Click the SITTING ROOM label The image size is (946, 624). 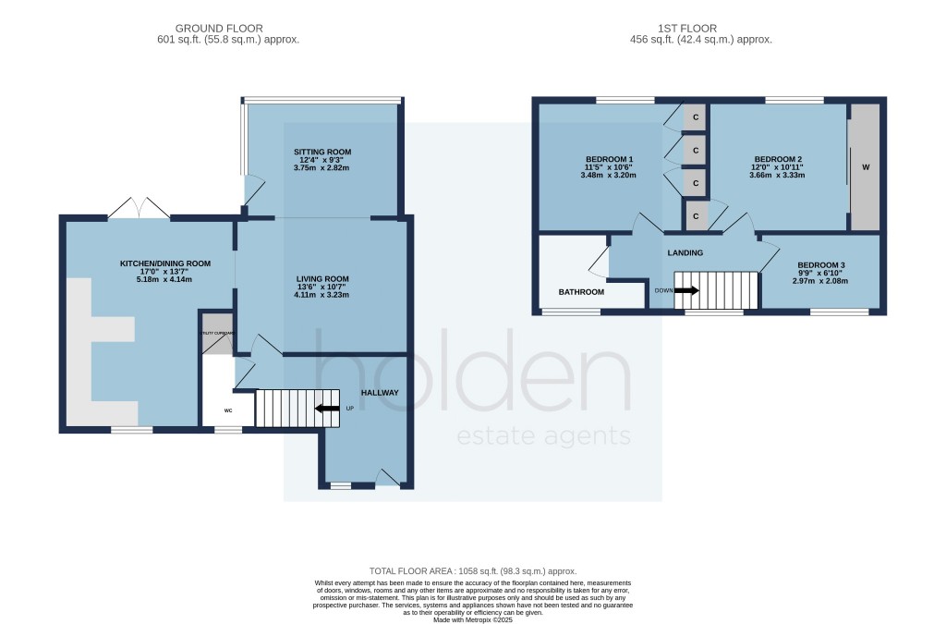click(322, 152)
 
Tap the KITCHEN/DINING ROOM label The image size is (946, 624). click(165, 263)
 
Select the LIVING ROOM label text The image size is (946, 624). click(322, 279)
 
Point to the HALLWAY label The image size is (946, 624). click(380, 393)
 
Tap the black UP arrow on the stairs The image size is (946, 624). click(326, 408)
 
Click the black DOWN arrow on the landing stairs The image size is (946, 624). click(686, 289)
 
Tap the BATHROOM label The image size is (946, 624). click(581, 292)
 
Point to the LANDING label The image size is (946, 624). click(685, 252)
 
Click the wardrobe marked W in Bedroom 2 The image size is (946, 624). click(865, 167)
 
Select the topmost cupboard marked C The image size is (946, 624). click(696, 117)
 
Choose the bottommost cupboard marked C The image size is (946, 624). click(696, 215)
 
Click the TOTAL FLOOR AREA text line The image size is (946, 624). click(472, 572)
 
